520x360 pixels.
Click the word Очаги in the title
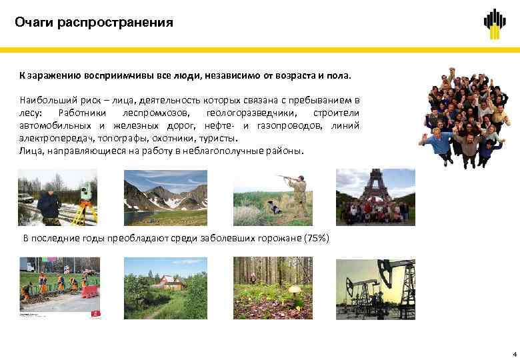point(34,23)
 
